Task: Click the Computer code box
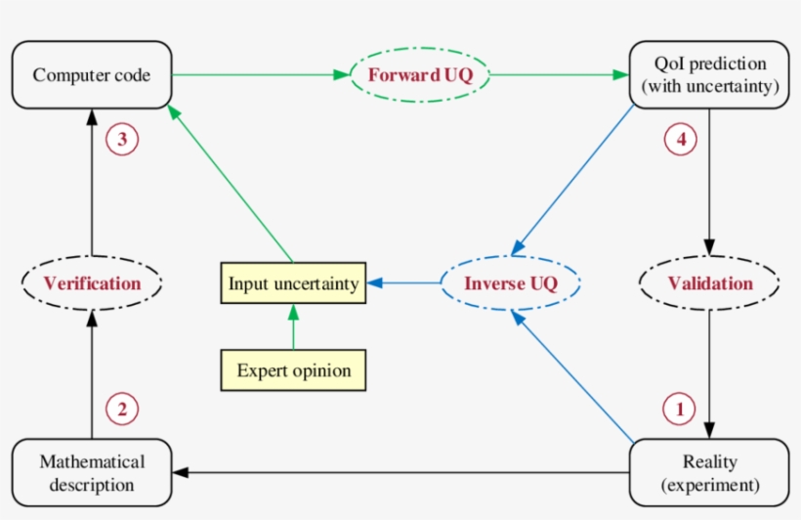point(92,75)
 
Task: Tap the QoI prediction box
point(709,75)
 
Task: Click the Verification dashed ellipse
point(92,283)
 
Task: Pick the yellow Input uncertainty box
point(293,283)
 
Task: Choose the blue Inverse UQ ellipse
point(510,284)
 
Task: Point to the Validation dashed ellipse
point(710,283)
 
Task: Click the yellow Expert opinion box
point(293,370)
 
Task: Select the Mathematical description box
point(92,472)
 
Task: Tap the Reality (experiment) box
point(710,472)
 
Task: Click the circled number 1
point(680,410)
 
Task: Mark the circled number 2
point(121,410)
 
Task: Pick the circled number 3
point(122,140)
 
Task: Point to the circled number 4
point(681,140)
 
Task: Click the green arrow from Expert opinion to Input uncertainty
point(293,326)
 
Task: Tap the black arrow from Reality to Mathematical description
point(400,473)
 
